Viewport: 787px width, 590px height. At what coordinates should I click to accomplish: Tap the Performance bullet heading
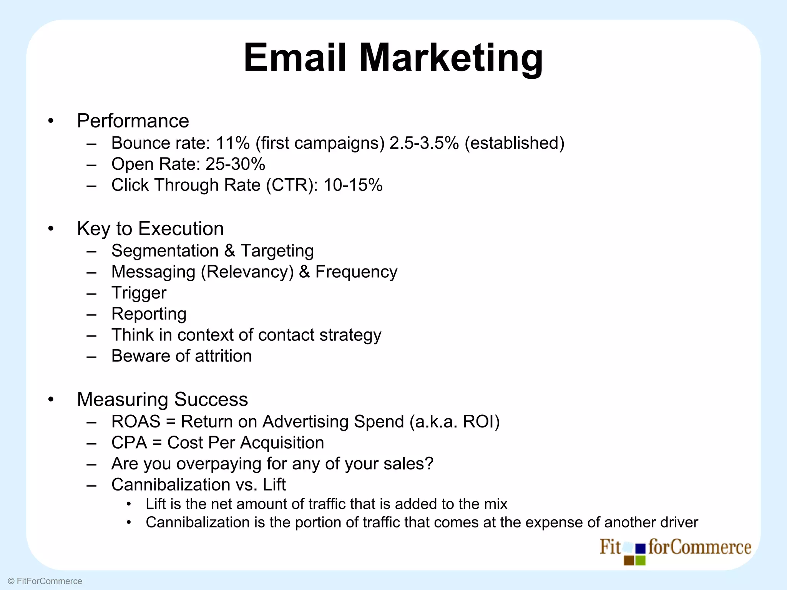133,121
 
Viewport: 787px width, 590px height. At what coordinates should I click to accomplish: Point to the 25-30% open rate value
235,164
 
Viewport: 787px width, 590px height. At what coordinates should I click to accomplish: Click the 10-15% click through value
353,185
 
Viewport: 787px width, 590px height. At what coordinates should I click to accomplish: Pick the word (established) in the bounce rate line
515,143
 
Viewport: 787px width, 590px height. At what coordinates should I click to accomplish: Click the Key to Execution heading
150,229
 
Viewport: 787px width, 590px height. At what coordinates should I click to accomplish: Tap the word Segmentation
165,251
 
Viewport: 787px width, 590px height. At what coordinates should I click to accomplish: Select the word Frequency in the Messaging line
356,272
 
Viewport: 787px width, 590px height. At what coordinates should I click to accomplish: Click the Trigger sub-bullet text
139,293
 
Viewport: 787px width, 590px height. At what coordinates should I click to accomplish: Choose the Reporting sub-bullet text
149,314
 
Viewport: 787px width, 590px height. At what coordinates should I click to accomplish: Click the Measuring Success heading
162,399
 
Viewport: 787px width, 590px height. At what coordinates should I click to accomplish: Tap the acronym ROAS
136,422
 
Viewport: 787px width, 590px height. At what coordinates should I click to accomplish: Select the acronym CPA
129,443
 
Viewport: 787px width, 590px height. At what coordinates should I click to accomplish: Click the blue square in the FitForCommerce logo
641,549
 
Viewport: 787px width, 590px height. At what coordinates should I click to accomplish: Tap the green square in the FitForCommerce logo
641,561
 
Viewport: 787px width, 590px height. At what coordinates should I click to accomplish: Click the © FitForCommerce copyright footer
45,581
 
